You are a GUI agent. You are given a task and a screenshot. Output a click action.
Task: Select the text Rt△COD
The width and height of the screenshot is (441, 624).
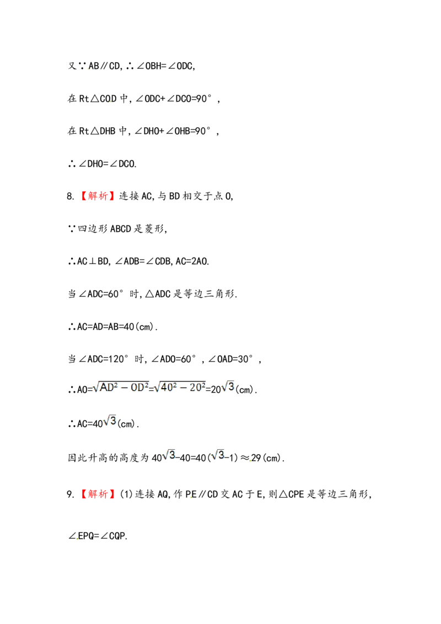tap(98, 99)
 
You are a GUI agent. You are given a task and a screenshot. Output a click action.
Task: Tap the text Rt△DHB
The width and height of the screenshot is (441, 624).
tap(97, 131)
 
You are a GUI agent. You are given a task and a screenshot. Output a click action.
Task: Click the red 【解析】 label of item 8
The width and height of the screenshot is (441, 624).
tap(98, 196)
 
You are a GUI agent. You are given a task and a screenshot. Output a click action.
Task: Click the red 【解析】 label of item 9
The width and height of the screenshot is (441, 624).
tap(98, 494)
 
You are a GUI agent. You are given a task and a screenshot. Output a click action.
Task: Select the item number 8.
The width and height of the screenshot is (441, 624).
tap(71, 196)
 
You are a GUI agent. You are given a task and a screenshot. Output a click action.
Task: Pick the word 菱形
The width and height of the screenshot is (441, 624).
tap(154, 229)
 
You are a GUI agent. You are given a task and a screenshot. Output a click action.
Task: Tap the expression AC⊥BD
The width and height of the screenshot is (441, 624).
tap(93, 261)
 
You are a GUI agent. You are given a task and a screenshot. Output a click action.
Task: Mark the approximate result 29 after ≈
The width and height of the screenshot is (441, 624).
tap(256, 458)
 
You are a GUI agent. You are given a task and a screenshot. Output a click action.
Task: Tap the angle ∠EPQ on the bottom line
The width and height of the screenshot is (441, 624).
tap(83, 536)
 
